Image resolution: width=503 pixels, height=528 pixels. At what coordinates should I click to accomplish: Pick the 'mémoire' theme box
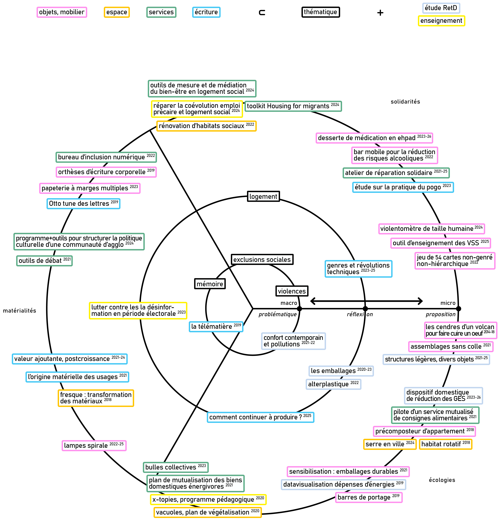210,284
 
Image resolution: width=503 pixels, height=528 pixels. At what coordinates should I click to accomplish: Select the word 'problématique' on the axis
278,314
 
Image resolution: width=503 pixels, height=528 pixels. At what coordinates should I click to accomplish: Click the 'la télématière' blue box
216,327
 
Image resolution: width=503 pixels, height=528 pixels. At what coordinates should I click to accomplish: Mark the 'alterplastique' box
333,384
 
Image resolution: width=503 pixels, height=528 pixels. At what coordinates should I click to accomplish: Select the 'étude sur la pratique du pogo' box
403,187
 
